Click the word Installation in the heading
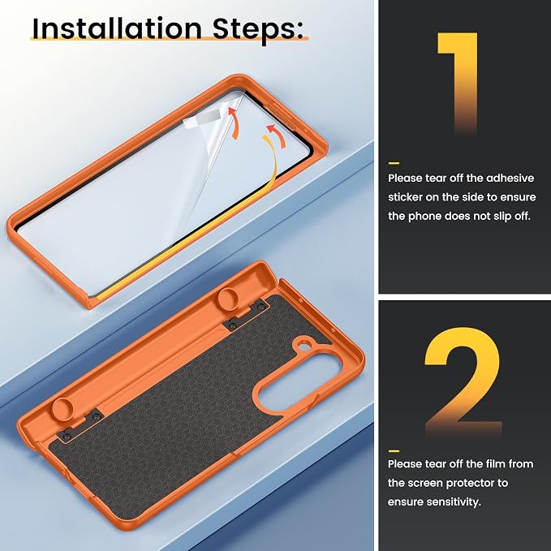pyautogui.click(x=117, y=28)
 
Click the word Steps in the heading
pyautogui.click(x=257, y=30)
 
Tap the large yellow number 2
pyautogui.click(x=463, y=381)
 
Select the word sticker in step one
pyautogui.click(x=405, y=197)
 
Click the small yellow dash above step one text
pyautogui.click(x=394, y=163)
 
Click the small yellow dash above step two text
pyautogui.click(x=394, y=451)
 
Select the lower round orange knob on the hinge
pyautogui.click(x=62, y=409)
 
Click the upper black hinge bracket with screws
pyautogui.click(x=248, y=314)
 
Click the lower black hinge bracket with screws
pyautogui.click(x=81, y=424)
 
